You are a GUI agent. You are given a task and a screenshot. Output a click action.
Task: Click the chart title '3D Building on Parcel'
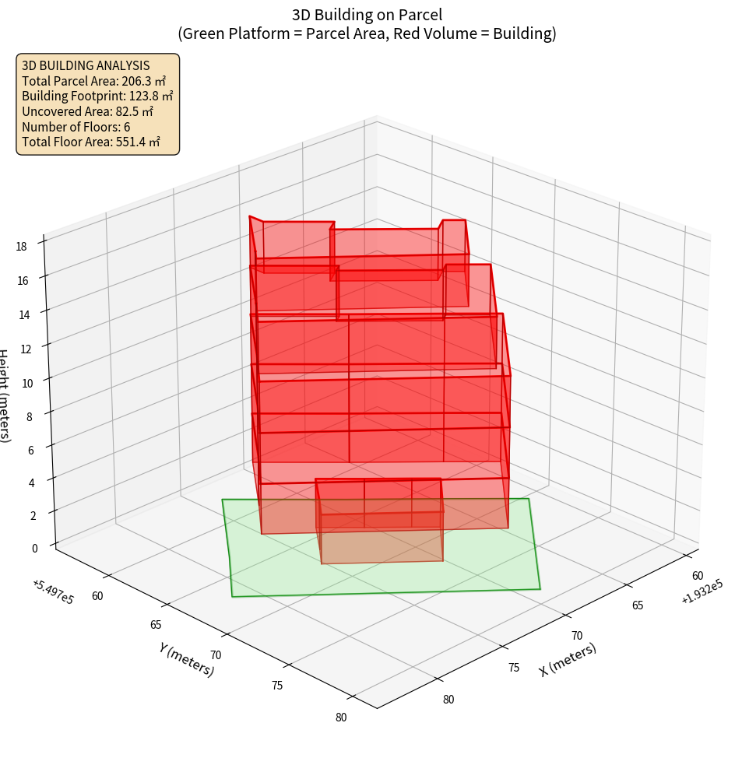pyautogui.click(x=367, y=14)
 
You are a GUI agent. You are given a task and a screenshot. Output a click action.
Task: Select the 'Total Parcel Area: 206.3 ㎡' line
pyautogui.click(x=93, y=80)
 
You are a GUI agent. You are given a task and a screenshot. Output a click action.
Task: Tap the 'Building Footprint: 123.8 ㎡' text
pyautogui.click(x=97, y=96)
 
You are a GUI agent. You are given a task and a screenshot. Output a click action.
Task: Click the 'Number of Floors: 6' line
pyautogui.click(x=76, y=126)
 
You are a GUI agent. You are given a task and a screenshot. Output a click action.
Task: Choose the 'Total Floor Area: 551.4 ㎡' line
pyautogui.click(x=91, y=142)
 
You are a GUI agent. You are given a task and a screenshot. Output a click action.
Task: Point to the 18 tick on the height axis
pyautogui.click(x=20, y=247)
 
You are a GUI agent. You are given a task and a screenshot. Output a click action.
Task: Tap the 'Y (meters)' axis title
pyautogui.click(x=187, y=659)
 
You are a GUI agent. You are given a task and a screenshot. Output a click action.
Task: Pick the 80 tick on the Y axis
pyautogui.click(x=341, y=718)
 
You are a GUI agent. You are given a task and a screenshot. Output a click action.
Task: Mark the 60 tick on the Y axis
pyautogui.click(x=97, y=596)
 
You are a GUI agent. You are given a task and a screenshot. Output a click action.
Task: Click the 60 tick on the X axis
pyautogui.click(x=698, y=575)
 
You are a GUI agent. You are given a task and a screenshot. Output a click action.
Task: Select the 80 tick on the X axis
pyautogui.click(x=448, y=699)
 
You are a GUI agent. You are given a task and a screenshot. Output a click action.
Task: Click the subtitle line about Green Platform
pyautogui.click(x=367, y=34)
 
